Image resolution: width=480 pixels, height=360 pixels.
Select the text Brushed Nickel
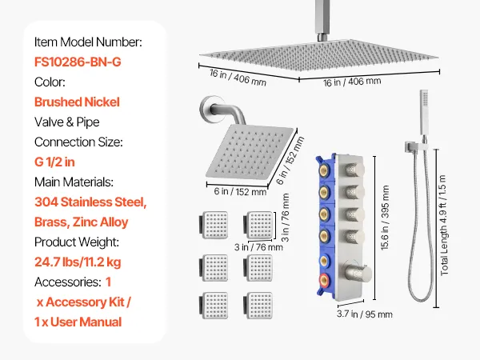coord(77,102)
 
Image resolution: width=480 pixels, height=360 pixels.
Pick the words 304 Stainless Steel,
coord(90,202)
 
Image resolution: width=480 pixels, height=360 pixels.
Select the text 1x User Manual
coord(78,322)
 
